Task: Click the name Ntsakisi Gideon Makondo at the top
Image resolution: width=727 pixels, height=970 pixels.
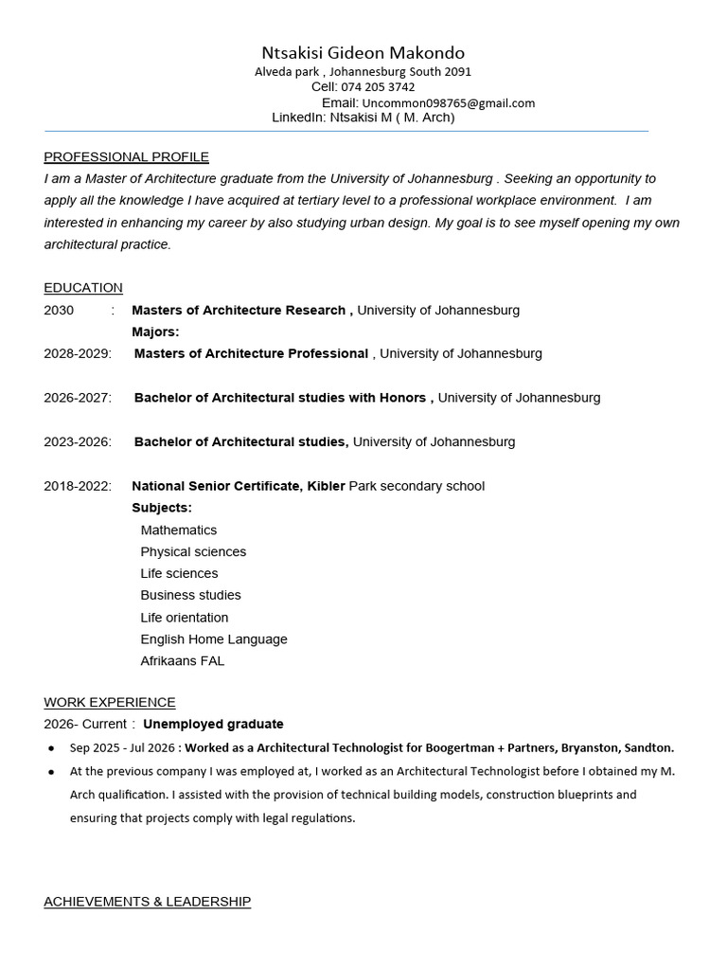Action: [363, 53]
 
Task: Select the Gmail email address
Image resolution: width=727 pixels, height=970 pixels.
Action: [448, 103]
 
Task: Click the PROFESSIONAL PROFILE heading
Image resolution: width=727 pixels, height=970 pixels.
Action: [126, 157]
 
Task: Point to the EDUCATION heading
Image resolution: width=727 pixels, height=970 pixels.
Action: [83, 288]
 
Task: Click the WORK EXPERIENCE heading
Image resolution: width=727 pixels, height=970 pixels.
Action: [110, 703]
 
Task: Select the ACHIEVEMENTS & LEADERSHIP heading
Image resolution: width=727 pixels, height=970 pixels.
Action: [147, 902]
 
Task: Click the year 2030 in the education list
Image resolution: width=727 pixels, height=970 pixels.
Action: [59, 311]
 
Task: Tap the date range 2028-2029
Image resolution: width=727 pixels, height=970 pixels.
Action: [77, 354]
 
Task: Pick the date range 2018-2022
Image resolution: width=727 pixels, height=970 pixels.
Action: [77, 487]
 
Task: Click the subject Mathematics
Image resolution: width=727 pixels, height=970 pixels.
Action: [178, 530]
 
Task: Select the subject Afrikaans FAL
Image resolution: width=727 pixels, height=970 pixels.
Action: [182, 661]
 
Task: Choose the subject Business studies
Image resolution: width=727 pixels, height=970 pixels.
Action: [190, 596]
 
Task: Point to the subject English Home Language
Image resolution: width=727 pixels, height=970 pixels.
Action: [213, 639]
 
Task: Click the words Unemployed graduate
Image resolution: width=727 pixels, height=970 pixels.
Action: [213, 725]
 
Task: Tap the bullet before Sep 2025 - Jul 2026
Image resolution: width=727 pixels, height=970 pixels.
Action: [50, 748]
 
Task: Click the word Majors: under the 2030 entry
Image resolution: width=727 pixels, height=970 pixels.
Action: [155, 332]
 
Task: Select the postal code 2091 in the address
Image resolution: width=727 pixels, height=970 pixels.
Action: [457, 72]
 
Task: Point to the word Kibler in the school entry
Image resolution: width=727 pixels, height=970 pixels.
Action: [326, 487]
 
